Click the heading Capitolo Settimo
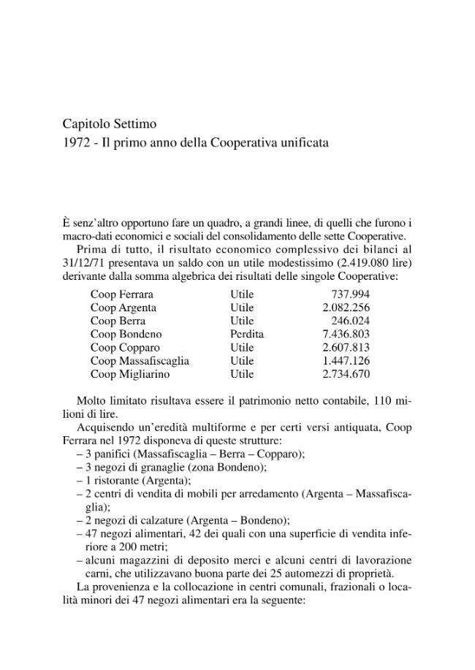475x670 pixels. click(x=110, y=124)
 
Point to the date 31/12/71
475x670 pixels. click(x=84, y=262)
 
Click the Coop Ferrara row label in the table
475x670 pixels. click(x=122, y=294)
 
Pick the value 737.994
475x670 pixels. click(x=351, y=294)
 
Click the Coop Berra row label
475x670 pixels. click(x=118, y=321)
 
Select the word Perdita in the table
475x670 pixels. click(x=247, y=334)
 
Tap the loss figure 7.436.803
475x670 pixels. click(x=346, y=334)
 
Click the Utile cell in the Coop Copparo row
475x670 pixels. click(x=242, y=347)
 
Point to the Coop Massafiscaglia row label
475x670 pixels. click(x=140, y=360)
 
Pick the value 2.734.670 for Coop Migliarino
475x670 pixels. click(x=346, y=373)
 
